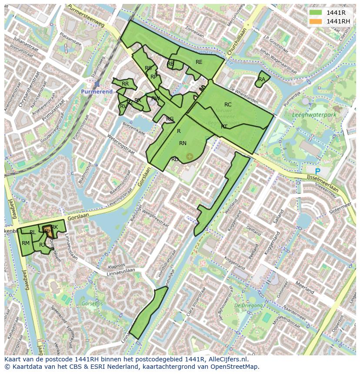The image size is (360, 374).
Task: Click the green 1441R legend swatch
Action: [316, 12]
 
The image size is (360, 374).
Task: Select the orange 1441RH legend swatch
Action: [316, 21]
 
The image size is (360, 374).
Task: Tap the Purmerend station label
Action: [97, 92]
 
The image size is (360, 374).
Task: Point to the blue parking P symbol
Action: [317, 172]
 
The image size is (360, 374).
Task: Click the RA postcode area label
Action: [261, 79]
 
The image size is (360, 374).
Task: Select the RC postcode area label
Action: [228, 105]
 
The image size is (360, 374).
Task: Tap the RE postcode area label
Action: [199, 62]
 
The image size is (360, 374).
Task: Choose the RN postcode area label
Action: [183, 143]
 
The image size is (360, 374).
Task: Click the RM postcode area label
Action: [26, 243]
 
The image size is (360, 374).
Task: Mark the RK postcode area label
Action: [54, 227]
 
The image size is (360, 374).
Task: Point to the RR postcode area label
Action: [125, 84]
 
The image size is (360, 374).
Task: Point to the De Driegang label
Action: [249, 305]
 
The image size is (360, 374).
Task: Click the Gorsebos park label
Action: [92, 303]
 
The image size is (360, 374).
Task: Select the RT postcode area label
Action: [224, 127]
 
